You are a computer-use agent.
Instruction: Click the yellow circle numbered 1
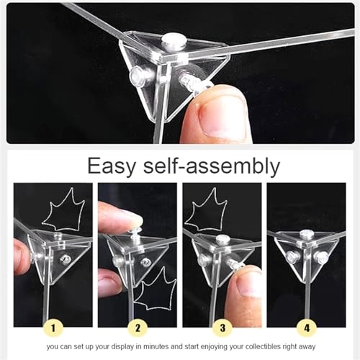53,328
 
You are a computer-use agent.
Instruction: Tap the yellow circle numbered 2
138,328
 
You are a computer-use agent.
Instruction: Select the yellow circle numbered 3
222,328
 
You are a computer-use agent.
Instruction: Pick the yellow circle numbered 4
307,328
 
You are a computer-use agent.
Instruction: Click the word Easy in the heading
112,166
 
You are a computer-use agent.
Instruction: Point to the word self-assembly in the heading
212,166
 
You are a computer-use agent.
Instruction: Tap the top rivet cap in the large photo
172,40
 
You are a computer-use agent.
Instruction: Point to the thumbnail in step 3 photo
248,286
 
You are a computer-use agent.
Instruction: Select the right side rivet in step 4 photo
320,257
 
